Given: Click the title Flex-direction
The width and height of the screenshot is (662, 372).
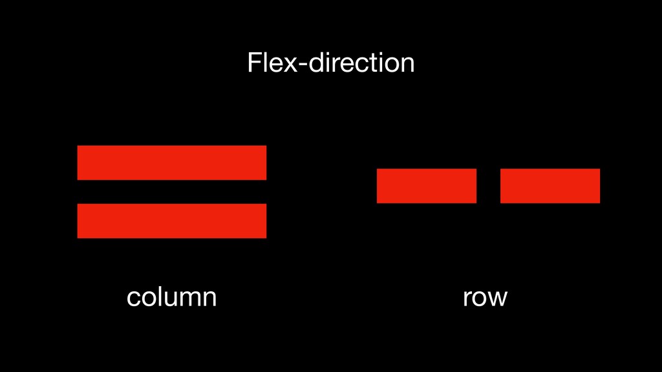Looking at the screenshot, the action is [x=330, y=63].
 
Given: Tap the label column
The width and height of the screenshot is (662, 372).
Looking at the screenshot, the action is [x=171, y=297].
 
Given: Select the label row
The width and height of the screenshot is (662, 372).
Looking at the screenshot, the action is [x=485, y=297].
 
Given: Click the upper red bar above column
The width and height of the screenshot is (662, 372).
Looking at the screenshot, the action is [x=171, y=163].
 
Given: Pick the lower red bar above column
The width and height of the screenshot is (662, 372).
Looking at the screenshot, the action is [x=171, y=221].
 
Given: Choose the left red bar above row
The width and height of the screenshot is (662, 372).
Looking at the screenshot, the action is [x=427, y=186].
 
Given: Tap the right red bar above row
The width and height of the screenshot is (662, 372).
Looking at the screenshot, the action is [x=550, y=186].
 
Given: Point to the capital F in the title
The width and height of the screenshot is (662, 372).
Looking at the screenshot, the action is [x=253, y=63].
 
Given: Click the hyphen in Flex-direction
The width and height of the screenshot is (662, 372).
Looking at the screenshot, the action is [x=296, y=65].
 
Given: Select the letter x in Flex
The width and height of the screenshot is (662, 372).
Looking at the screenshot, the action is [x=285, y=65].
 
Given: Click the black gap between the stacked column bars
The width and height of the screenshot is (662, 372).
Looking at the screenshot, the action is [x=171, y=192].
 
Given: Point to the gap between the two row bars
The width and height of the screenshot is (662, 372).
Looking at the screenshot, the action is [x=488, y=186].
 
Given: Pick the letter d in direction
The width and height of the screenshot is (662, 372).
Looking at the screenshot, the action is [x=310, y=63].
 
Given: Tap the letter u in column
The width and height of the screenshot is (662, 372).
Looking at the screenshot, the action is [x=169, y=299].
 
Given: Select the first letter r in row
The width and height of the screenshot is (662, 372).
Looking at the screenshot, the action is [x=466, y=299].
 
